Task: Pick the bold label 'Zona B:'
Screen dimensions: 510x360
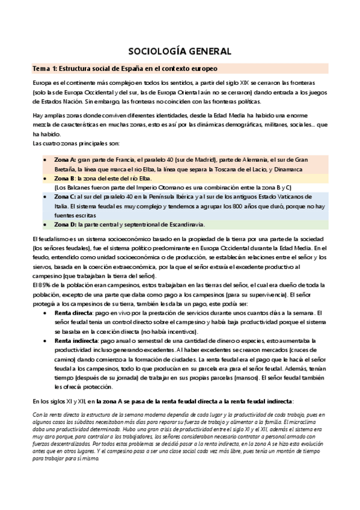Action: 64,179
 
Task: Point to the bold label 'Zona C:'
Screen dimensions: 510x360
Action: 65,197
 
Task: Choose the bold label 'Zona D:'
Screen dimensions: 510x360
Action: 65,224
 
